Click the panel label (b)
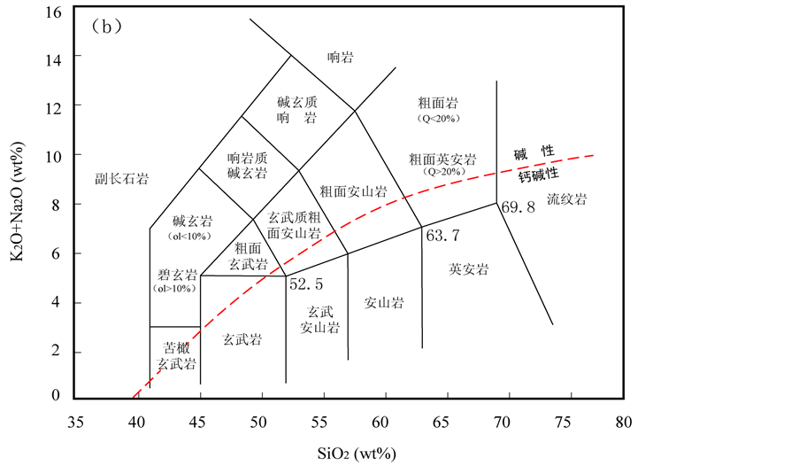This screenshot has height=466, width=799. [x=106, y=27]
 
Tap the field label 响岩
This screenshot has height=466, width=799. [x=341, y=58]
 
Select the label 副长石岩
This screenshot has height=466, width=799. [x=121, y=179]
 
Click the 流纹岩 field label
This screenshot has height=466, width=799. [x=566, y=199]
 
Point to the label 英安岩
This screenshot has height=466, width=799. [x=469, y=269]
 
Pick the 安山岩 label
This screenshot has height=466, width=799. [x=384, y=303]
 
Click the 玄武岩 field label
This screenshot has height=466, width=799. [x=242, y=338]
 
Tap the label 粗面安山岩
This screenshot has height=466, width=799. [x=354, y=190]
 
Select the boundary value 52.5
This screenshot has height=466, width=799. [x=306, y=284]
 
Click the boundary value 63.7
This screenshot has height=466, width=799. [x=443, y=237]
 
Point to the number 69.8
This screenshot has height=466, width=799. [x=519, y=207]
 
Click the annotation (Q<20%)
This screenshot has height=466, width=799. [x=440, y=118]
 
